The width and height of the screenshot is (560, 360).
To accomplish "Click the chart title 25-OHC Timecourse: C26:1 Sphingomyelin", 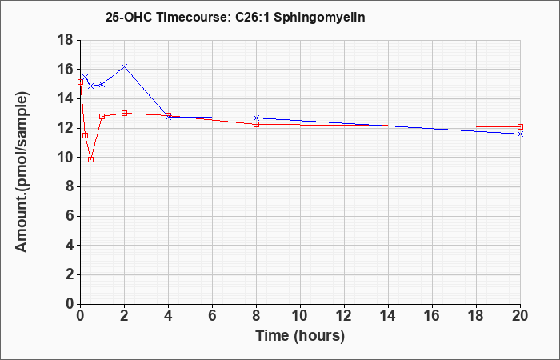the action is [x=235, y=17].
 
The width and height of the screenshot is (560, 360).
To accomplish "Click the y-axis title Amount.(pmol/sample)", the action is [x=22, y=172].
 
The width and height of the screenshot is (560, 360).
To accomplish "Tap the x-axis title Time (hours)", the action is [x=300, y=336].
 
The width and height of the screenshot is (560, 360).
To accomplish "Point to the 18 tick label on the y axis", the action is [x=66, y=40].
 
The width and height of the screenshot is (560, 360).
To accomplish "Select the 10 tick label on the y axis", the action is [x=66, y=158].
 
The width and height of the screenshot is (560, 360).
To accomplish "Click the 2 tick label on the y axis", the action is [x=70, y=274].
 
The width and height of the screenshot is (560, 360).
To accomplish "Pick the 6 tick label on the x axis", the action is [x=212, y=316].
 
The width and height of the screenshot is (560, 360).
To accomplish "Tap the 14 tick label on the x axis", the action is [x=388, y=316].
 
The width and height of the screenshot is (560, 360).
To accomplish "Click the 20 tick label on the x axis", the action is [x=520, y=316].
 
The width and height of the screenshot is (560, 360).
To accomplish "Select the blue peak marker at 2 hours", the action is [x=124, y=66].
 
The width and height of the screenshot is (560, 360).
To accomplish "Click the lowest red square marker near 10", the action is [x=90, y=160].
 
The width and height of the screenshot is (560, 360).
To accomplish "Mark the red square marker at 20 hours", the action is [x=520, y=126].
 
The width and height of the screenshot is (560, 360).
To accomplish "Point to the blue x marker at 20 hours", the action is [x=520, y=134].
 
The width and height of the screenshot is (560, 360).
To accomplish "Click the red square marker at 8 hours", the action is [x=256, y=124].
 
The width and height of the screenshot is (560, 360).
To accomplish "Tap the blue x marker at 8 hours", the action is [x=256, y=118].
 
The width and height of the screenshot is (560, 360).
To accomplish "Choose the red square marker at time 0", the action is [x=80, y=82].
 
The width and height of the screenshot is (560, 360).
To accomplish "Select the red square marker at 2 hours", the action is [x=124, y=114].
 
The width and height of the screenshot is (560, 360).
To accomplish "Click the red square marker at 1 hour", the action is [x=102, y=117].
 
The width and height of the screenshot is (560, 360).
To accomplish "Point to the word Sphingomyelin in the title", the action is [x=320, y=18].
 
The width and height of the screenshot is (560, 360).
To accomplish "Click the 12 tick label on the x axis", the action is [x=344, y=316].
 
